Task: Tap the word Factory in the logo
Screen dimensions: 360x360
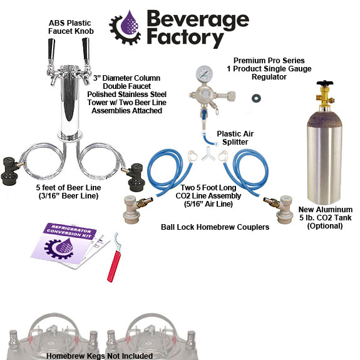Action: (185, 38)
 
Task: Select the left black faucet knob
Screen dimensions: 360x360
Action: (51, 49)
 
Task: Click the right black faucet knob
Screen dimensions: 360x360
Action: (86, 49)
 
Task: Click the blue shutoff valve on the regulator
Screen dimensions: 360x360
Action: (204, 114)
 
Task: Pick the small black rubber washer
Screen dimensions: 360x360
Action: (256, 98)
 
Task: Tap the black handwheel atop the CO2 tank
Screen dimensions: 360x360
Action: (324, 83)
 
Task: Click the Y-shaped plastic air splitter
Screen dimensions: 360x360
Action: (208, 154)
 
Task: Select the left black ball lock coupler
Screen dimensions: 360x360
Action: (11, 171)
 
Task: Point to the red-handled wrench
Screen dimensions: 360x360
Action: (115, 258)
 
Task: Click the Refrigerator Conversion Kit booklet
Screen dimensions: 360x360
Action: (70, 245)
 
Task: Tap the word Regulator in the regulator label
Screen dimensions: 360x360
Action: (269, 76)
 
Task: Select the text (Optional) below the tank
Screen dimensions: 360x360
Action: (325, 226)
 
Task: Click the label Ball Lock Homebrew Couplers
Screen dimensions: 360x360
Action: (215, 227)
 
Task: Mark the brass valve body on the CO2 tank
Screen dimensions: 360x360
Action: (324, 96)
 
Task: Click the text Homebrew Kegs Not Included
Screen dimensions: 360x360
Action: (100, 356)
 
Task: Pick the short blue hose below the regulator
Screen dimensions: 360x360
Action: (209, 138)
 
